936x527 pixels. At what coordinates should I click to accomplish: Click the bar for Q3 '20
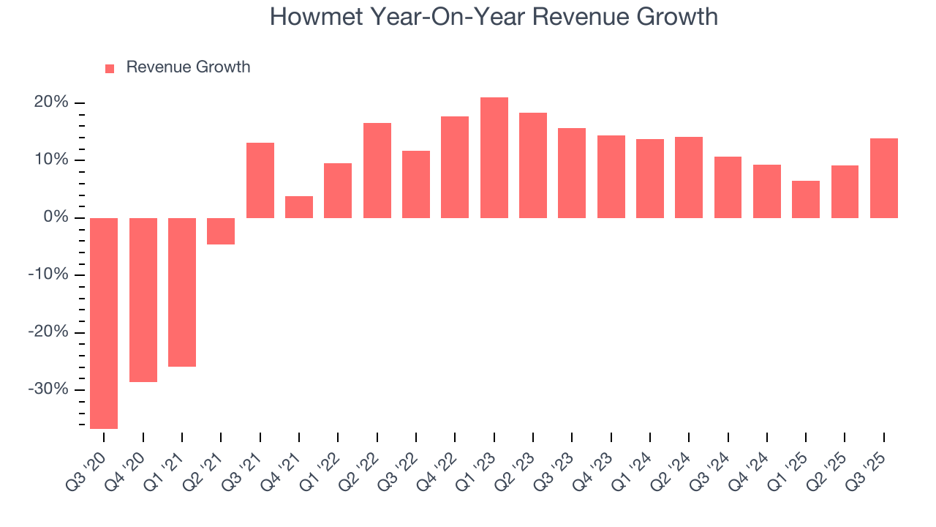click(104, 323)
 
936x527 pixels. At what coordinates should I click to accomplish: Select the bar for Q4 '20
click(143, 299)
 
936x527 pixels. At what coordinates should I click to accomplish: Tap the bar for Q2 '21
click(221, 231)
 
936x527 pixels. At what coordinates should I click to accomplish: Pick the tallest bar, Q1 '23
click(494, 157)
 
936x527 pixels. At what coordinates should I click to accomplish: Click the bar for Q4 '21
click(299, 207)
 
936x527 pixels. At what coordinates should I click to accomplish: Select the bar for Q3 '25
click(883, 178)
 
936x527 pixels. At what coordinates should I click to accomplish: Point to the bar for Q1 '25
click(806, 199)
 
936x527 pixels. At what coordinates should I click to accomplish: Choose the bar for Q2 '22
click(377, 170)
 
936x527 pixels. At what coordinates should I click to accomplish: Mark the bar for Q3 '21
click(260, 180)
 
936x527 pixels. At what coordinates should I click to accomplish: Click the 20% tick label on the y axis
click(51, 102)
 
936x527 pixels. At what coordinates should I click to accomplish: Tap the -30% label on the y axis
click(48, 389)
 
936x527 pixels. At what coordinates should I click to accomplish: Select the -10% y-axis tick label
click(48, 274)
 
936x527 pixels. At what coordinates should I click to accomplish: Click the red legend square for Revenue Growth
click(110, 68)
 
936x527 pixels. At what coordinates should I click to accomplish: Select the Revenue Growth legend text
click(188, 67)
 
